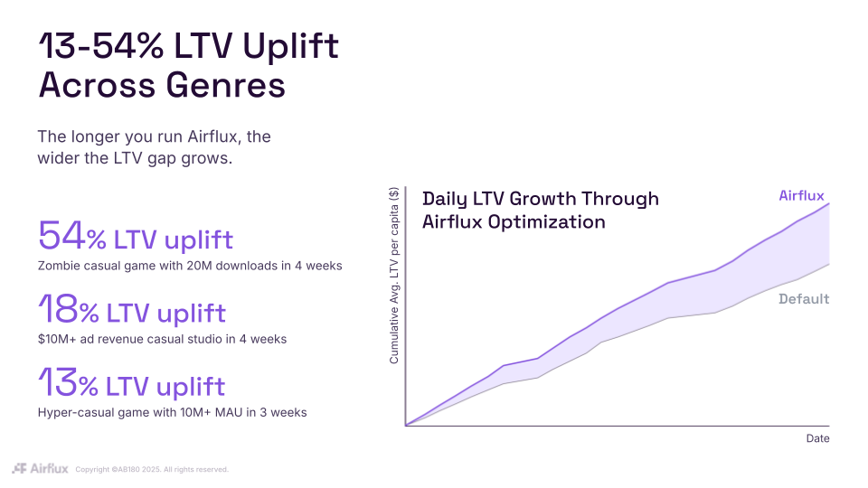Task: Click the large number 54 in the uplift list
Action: [61, 237]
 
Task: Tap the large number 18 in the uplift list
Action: [58, 310]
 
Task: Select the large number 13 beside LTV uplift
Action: [58, 383]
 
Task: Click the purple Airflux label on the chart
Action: [801, 196]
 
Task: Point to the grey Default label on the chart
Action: [804, 299]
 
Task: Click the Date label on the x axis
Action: [817, 438]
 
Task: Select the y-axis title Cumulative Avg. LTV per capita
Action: [394, 276]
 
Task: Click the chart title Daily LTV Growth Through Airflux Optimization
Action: [540, 210]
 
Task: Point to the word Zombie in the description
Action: [61, 267]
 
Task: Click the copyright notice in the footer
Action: [151, 469]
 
